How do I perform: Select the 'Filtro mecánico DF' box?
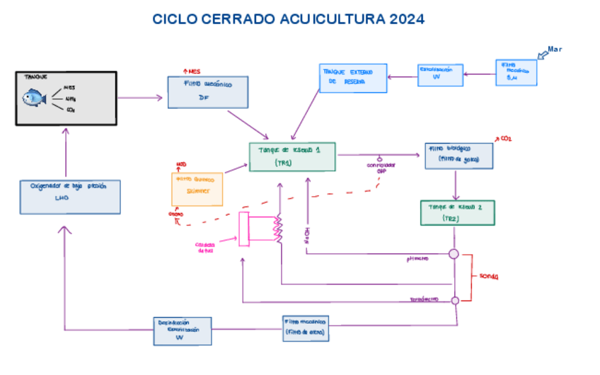(206, 91)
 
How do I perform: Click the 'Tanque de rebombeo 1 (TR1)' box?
(292, 156)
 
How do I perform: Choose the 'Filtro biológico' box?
(458, 155)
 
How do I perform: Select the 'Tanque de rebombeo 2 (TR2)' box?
(457, 212)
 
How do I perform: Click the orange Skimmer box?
(197, 187)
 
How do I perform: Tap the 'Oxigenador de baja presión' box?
(69, 196)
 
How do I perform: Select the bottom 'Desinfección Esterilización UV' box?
(183, 330)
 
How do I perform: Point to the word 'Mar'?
(555, 49)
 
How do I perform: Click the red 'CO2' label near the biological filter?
(505, 138)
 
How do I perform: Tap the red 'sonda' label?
(489, 276)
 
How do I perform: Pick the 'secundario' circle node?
(455, 300)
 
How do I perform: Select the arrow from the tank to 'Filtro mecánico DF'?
(141, 97)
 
